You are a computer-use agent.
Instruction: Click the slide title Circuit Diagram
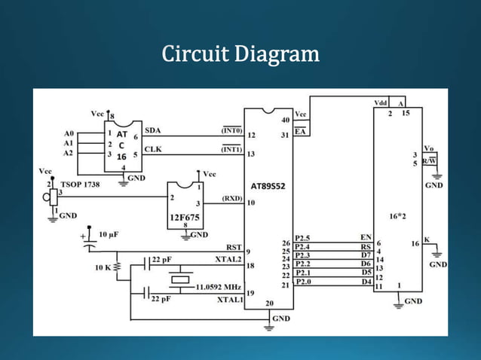240,55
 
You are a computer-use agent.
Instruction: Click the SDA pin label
153,130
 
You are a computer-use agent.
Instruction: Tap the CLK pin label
153,149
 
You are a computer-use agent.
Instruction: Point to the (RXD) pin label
231,199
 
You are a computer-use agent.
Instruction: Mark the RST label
234,247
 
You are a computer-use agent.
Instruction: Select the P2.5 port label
302,238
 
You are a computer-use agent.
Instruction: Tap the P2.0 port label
302,282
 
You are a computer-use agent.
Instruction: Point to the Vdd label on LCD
381,102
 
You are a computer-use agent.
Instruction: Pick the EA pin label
300,132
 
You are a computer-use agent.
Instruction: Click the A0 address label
69,133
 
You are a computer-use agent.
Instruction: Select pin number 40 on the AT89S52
284,120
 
